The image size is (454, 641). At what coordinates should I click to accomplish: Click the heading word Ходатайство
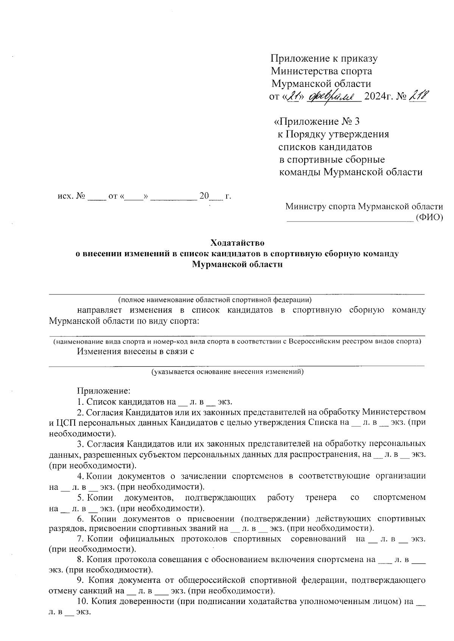pos(237,242)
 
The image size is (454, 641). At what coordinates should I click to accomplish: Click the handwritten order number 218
pos(418,96)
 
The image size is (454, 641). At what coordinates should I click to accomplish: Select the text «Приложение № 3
pos(316,121)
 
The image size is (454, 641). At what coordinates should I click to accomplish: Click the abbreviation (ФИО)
pos(429,217)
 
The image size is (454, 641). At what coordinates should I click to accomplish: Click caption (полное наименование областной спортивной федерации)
pos(215,300)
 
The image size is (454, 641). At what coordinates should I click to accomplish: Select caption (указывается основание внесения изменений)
pos(228,372)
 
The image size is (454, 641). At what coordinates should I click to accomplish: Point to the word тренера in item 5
pos(321,497)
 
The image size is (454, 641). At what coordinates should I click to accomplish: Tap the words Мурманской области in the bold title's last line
pos(237,264)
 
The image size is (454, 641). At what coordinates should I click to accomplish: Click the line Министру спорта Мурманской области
pos(364,207)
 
